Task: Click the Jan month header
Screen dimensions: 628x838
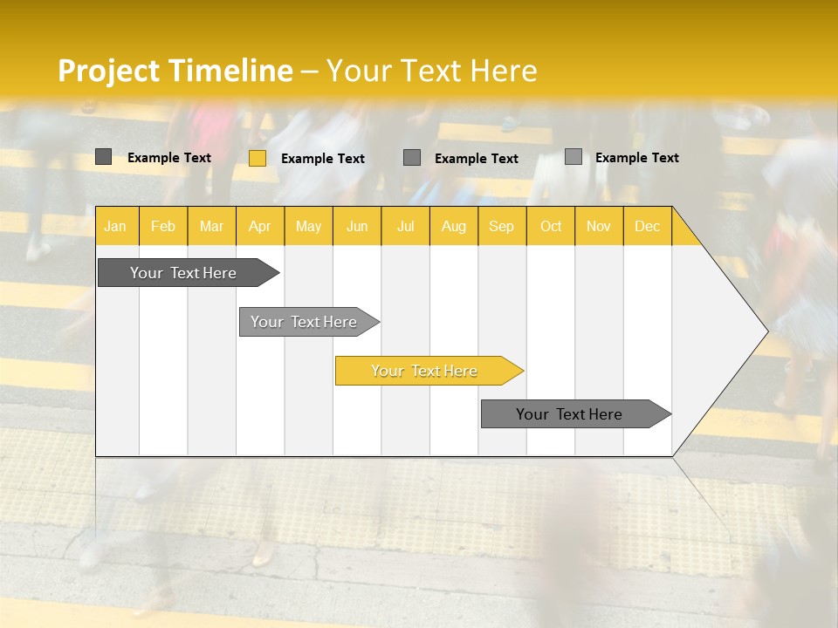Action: [x=115, y=227]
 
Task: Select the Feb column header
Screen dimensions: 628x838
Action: [x=163, y=227]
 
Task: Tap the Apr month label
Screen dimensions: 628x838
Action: [x=259, y=227]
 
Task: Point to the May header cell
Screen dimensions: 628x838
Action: [x=308, y=227]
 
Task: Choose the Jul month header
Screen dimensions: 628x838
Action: [x=405, y=227]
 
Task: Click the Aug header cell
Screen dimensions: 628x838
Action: [x=453, y=227]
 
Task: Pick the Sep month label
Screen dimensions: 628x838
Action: [x=501, y=227]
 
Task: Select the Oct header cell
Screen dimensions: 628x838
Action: [x=551, y=227]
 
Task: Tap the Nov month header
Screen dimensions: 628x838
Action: [x=599, y=227]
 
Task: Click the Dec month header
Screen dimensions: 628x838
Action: [x=647, y=227]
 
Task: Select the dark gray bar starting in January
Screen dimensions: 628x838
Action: [x=183, y=273]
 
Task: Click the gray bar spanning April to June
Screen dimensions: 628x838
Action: [x=304, y=322]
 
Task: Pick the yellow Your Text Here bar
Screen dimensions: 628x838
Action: [x=424, y=371]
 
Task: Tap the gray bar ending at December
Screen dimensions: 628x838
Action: [x=569, y=414]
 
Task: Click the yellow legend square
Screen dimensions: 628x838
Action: [x=258, y=158]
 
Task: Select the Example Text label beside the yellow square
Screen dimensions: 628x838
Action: [x=323, y=159]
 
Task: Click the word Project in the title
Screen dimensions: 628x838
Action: [x=110, y=71]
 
